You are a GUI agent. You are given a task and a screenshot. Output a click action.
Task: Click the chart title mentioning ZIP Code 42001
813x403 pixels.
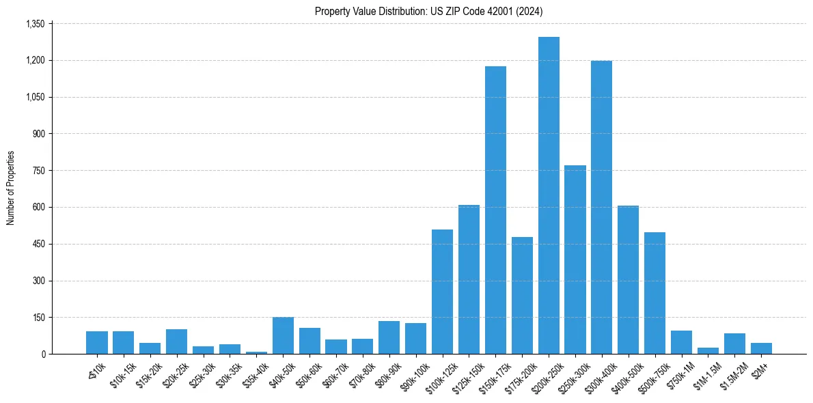click(428, 11)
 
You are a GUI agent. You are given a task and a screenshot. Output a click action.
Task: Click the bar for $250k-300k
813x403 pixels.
click(575, 260)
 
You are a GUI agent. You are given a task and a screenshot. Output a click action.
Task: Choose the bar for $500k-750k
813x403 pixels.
click(654, 293)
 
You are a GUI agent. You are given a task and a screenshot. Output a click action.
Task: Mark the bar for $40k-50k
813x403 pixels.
click(283, 335)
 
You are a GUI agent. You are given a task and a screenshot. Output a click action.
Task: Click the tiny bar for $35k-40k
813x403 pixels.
click(256, 352)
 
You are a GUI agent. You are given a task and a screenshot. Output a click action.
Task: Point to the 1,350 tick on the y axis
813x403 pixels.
click(35, 24)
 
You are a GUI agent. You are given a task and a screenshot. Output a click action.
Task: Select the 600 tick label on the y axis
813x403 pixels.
click(38, 207)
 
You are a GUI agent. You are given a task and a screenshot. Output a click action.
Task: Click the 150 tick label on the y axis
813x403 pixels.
click(38, 318)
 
